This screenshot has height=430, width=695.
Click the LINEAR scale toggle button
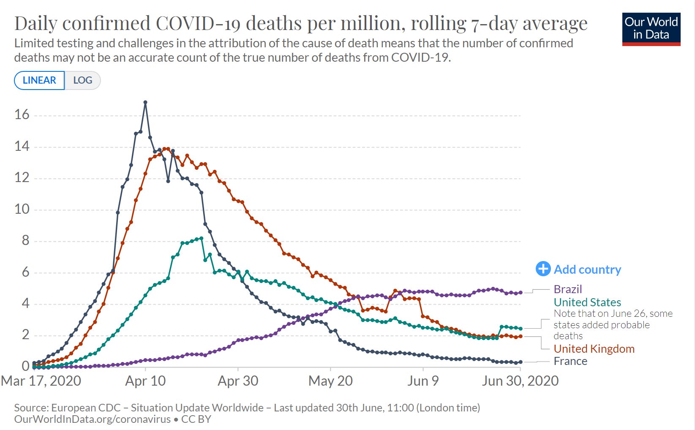click(39, 80)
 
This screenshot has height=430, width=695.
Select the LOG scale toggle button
click(82, 80)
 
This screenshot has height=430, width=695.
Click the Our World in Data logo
click(651, 29)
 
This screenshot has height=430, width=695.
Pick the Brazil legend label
click(568, 289)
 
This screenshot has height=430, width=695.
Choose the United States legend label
click(587, 302)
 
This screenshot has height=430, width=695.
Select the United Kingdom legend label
click(594, 349)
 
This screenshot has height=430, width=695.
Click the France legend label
click(570, 362)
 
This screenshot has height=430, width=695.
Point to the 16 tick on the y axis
click(22, 114)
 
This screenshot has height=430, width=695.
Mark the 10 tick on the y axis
click(22, 209)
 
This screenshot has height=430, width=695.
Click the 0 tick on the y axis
click(25, 366)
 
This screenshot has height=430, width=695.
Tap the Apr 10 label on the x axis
click(145, 381)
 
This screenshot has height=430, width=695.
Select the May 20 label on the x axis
click(330, 381)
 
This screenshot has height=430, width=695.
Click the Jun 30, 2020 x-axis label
click(520, 381)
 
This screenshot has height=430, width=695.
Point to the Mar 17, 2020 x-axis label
click(41, 381)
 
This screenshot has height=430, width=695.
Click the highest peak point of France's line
click(145, 102)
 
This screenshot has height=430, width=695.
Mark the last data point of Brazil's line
click(521, 292)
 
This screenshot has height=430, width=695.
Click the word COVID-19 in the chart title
click(198, 23)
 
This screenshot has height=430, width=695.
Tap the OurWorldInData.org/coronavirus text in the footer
click(92, 419)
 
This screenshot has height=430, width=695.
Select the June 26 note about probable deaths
click(613, 325)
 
